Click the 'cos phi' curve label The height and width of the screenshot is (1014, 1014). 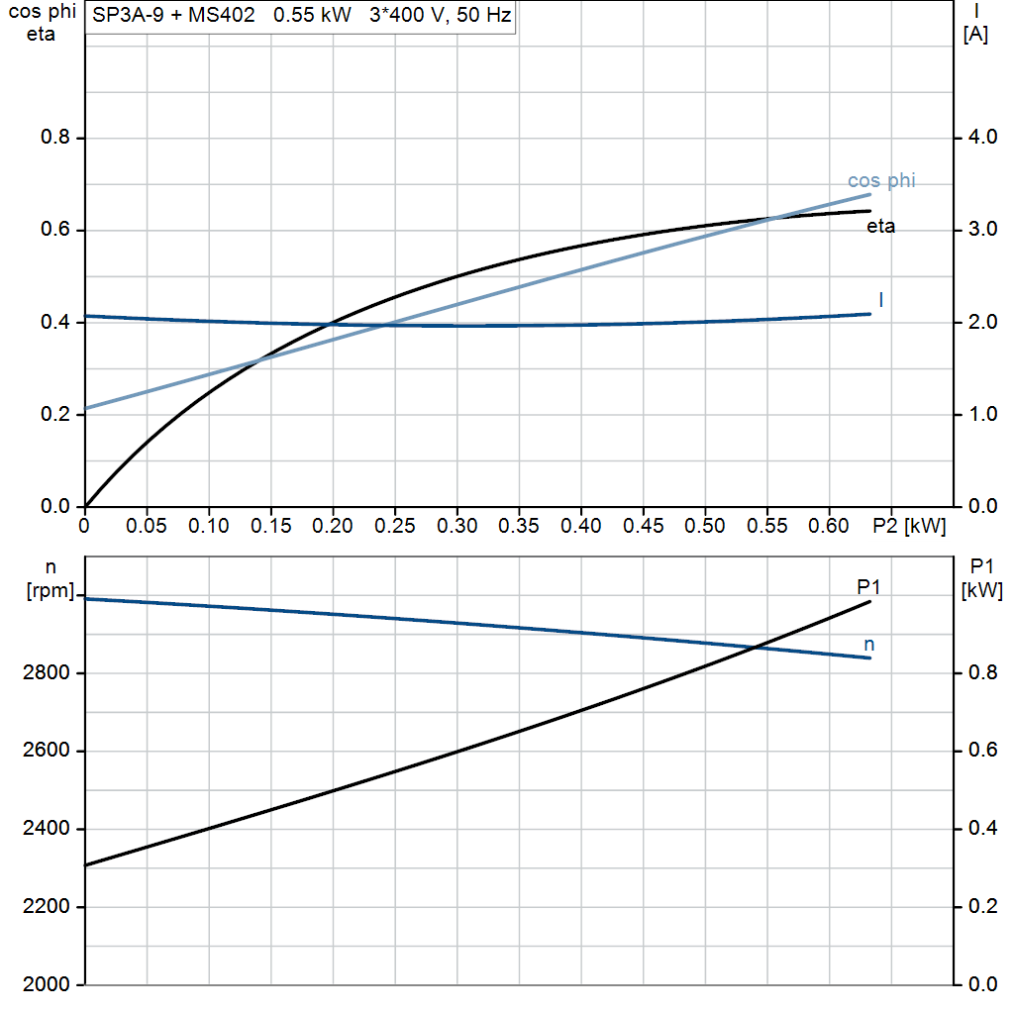point(881,180)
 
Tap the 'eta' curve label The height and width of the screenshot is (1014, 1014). point(880,227)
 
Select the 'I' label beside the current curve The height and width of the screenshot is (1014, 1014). point(880,299)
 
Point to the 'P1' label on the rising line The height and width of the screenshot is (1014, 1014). point(868,587)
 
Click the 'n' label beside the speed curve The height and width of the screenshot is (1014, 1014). point(868,645)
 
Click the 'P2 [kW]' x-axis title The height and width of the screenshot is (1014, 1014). point(909,526)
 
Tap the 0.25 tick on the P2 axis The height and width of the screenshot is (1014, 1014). point(396,526)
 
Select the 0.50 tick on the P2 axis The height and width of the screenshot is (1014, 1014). point(705,526)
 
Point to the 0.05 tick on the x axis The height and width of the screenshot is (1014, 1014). point(148,526)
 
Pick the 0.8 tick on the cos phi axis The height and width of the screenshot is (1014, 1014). point(54,137)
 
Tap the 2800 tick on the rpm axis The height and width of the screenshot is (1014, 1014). point(46,673)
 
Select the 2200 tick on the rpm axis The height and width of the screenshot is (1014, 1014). point(46,907)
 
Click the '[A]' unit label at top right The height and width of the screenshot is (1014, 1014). point(975,34)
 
